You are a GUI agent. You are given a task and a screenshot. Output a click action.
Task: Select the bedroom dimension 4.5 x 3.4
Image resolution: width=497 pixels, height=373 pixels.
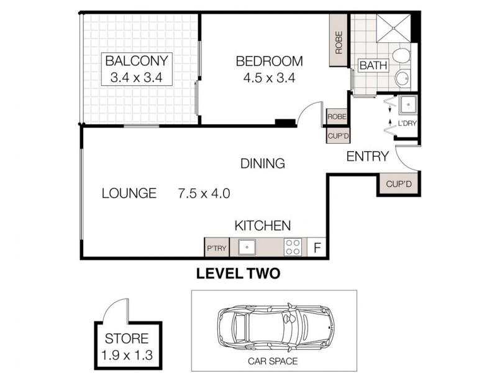268,78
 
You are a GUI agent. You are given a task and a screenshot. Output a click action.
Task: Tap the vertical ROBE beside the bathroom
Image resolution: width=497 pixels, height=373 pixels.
339,43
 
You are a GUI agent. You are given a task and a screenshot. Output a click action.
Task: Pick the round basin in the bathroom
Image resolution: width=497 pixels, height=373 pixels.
402,78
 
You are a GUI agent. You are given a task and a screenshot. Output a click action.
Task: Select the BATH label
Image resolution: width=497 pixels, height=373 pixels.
373,65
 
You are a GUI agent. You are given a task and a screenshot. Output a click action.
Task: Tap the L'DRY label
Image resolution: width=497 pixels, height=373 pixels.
407,123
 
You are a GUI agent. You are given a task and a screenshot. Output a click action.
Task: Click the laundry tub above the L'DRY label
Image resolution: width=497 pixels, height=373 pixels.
408,104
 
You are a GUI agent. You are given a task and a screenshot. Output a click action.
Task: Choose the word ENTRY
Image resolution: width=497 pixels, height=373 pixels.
367,157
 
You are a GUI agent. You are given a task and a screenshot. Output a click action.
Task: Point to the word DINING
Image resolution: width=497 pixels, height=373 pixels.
263,164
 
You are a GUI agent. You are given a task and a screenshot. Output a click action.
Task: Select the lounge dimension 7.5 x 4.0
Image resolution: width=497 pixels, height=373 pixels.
204,194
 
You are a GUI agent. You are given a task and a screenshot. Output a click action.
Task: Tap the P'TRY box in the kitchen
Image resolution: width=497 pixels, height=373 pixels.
216,249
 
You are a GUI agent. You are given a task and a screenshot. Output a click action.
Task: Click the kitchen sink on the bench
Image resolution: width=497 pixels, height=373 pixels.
247,247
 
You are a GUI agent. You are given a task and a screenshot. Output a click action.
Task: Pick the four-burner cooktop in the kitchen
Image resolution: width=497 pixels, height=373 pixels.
294,247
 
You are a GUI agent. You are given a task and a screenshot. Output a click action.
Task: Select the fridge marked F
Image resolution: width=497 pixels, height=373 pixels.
317,248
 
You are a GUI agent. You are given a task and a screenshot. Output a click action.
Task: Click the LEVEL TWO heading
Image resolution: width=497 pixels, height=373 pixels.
238,272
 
